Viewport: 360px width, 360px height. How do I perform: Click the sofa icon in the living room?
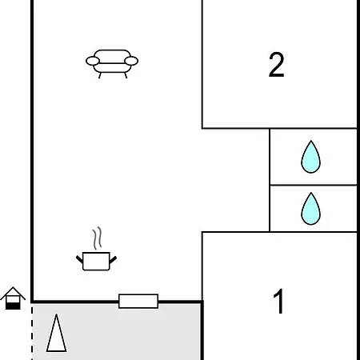click(x=112, y=64)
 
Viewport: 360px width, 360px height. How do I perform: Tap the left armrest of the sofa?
click(x=93, y=61)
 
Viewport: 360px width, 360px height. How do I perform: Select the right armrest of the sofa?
click(x=131, y=61)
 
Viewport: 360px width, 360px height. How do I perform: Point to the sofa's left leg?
click(x=100, y=75)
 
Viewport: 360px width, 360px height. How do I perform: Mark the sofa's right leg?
click(x=126, y=75)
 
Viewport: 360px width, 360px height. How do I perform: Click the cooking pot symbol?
click(x=96, y=261)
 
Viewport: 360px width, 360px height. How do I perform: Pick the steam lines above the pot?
click(x=98, y=238)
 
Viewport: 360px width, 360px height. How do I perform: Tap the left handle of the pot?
click(x=79, y=259)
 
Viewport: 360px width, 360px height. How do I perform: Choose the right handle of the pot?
click(x=113, y=259)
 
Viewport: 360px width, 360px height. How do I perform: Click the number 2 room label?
click(x=277, y=65)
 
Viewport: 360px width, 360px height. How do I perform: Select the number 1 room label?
click(x=278, y=302)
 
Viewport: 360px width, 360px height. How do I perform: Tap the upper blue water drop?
click(x=311, y=157)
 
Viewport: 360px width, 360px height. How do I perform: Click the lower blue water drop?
click(x=311, y=209)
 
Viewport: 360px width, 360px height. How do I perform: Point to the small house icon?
click(x=13, y=298)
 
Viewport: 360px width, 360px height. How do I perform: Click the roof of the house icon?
click(x=13, y=293)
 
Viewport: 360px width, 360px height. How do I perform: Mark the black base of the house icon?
click(x=13, y=306)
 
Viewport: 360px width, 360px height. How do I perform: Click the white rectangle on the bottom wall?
click(x=138, y=301)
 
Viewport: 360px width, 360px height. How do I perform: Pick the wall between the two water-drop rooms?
click(x=314, y=185)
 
